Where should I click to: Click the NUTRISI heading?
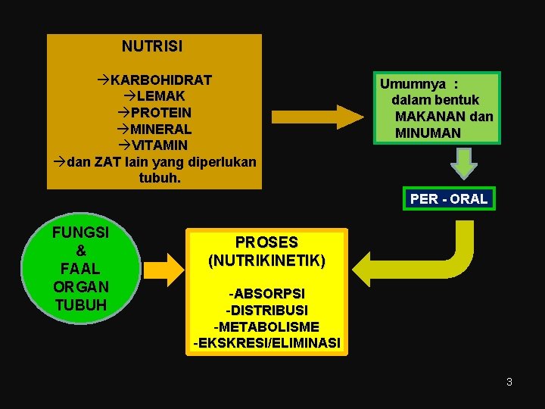pos(151,46)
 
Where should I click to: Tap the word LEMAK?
pos(161,96)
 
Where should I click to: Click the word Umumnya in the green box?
pos(413,84)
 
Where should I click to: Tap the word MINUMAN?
pos(428,133)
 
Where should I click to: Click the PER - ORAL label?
pos(449,198)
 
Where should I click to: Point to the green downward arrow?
pos(463,163)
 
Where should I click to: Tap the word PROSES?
pos(266,242)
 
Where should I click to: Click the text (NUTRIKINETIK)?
pos(266,261)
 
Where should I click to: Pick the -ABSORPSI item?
pos(266,293)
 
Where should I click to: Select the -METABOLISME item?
pos(266,326)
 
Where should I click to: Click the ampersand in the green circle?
pos(80,250)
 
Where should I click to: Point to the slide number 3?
pos(509,382)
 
